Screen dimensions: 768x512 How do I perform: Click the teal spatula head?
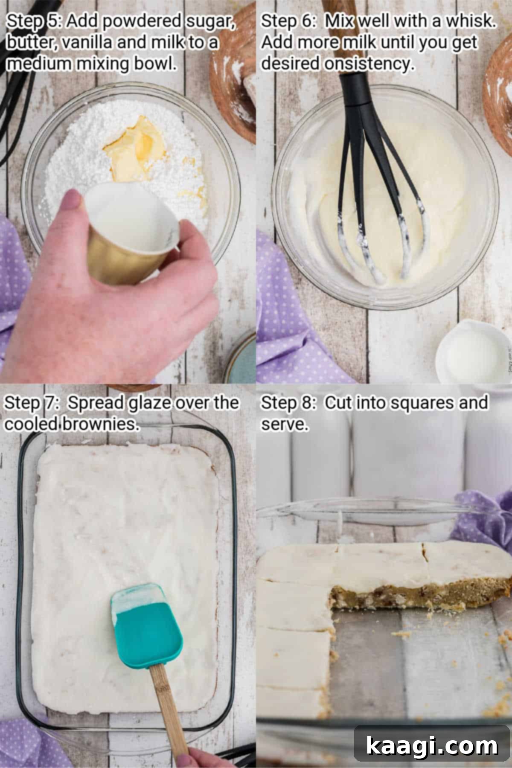pyautogui.click(x=147, y=627)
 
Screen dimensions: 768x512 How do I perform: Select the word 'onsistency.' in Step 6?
pyautogui.click(x=369, y=64)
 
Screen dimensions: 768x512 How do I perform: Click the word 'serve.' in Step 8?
pyautogui.click(x=285, y=424)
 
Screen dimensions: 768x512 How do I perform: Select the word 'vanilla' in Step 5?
pyautogui.click(x=85, y=43)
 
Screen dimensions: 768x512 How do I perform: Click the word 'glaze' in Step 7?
pyautogui.click(x=149, y=403)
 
